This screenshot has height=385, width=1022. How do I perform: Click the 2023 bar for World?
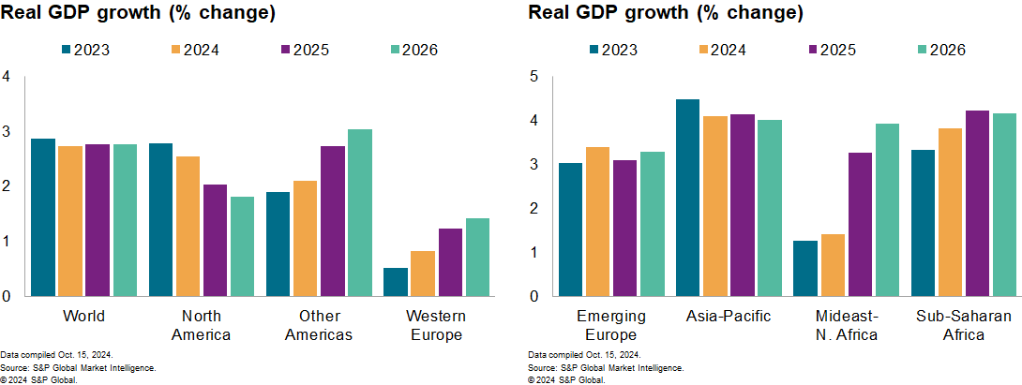tap(43, 217)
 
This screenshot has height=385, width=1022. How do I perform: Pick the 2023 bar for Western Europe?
tap(396, 282)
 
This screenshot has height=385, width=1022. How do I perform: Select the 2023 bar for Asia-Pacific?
tap(687, 198)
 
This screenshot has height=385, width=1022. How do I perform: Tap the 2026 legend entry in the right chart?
tap(946, 50)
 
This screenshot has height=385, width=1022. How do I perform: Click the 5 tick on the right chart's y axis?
tap(534, 77)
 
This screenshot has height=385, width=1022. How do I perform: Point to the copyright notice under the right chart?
tap(567, 379)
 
